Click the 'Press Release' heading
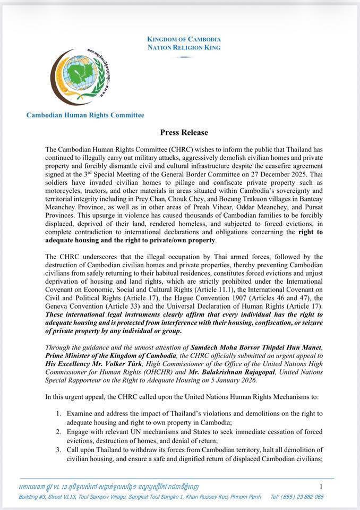[x=184, y=132]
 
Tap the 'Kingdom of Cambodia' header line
[x=184, y=39]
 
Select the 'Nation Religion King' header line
[x=184, y=47]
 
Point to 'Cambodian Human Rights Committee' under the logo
[x=85, y=115]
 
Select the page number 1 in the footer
[x=321, y=486]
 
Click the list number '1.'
[x=59, y=413]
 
